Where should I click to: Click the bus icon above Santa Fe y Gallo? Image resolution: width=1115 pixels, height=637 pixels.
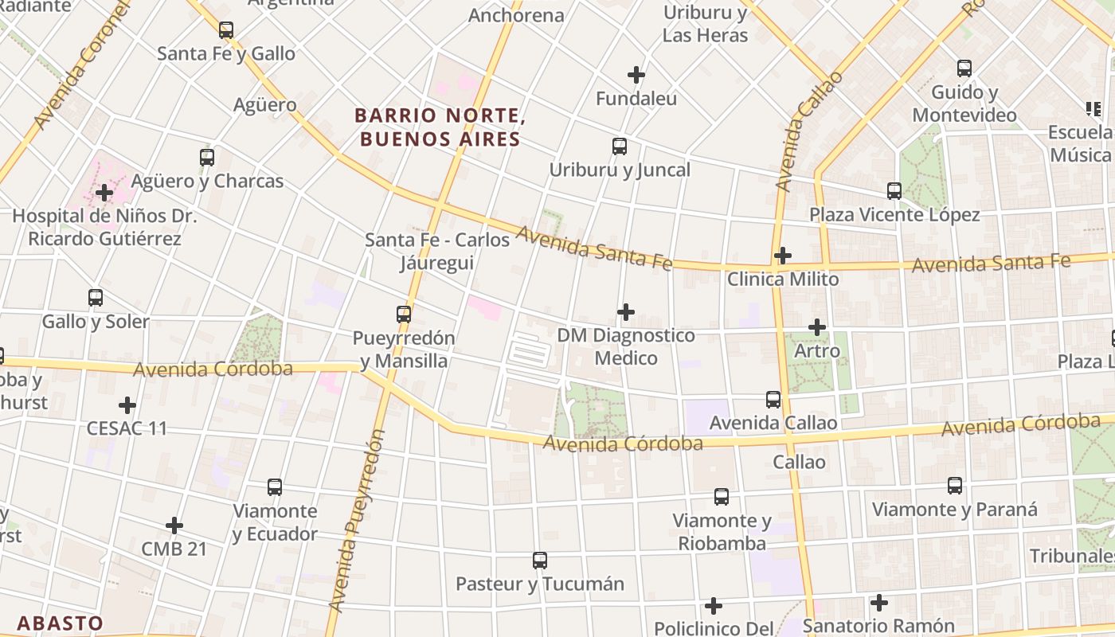[226, 30]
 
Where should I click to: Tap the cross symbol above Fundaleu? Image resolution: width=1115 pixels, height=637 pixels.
[636, 75]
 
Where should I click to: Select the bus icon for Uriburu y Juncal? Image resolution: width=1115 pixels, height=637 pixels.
[620, 147]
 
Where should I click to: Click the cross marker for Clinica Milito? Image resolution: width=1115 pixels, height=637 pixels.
[783, 256]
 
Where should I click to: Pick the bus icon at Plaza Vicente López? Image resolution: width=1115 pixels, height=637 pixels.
[894, 191]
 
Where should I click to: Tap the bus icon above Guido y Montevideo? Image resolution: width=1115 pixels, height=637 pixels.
[964, 68]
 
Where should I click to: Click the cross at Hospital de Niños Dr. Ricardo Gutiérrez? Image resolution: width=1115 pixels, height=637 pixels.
[104, 193]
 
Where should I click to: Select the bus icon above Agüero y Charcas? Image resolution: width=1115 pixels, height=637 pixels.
[207, 158]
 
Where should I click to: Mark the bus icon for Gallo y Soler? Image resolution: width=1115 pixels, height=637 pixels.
[96, 298]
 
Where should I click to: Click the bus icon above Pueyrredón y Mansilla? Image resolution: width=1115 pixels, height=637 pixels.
[404, 315]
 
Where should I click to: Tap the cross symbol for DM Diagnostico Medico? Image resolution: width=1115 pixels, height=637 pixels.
[626, 312]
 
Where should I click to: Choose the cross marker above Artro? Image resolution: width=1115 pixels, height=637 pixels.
[817, 327]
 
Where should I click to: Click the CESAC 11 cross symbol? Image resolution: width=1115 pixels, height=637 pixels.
[127, 405]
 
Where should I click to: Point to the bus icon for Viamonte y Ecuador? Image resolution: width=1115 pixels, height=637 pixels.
[275, 487]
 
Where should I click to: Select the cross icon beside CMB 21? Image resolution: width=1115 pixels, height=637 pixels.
[174, 526]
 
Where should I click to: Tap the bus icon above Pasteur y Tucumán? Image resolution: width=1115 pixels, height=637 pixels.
[540, 561]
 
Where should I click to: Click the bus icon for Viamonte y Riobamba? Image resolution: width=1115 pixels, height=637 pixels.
[722, 497]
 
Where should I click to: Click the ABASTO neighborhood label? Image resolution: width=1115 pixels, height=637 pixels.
[61, 623]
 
